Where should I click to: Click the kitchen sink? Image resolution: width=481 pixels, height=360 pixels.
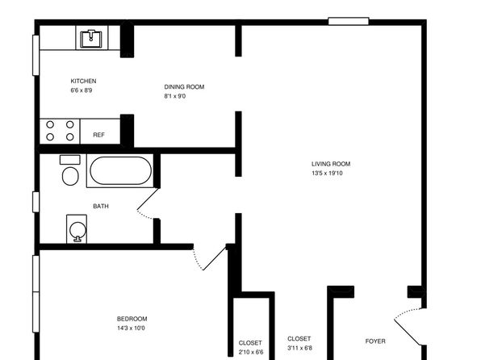coord(91,39)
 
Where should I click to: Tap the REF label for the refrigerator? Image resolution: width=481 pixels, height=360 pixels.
coord(98,135)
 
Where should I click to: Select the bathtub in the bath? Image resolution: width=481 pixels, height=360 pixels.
coord(120,170)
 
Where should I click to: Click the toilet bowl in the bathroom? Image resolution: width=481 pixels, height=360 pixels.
coord(70,176)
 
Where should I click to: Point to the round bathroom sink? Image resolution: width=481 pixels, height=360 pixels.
coord(77,230)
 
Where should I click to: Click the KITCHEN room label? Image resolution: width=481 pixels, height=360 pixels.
coord(83,81)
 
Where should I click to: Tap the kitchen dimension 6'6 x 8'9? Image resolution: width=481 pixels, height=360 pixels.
coord(82,90)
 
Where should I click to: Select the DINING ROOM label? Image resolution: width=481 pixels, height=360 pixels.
coord(184,87)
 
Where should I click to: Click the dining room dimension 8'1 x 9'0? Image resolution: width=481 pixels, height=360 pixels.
coord(175,96)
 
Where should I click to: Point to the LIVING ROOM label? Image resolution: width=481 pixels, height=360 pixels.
coord(331,164)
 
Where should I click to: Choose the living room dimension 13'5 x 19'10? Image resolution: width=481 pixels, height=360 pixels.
coord(327,173)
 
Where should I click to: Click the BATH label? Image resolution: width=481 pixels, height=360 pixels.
coord(101,207)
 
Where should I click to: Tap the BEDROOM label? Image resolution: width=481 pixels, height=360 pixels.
coord(132,319)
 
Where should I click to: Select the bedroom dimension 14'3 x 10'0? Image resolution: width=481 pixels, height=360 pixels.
coord(131,328)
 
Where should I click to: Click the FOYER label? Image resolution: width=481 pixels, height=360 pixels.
coord(375,341)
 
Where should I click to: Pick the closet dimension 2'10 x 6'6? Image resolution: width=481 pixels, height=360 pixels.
coord(251,352)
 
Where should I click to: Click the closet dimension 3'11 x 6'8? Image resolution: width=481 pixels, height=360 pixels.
coord(300,348)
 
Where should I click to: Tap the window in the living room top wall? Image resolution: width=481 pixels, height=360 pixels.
coord(349,21)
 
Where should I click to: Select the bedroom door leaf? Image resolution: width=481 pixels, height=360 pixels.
coord(215,257)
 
